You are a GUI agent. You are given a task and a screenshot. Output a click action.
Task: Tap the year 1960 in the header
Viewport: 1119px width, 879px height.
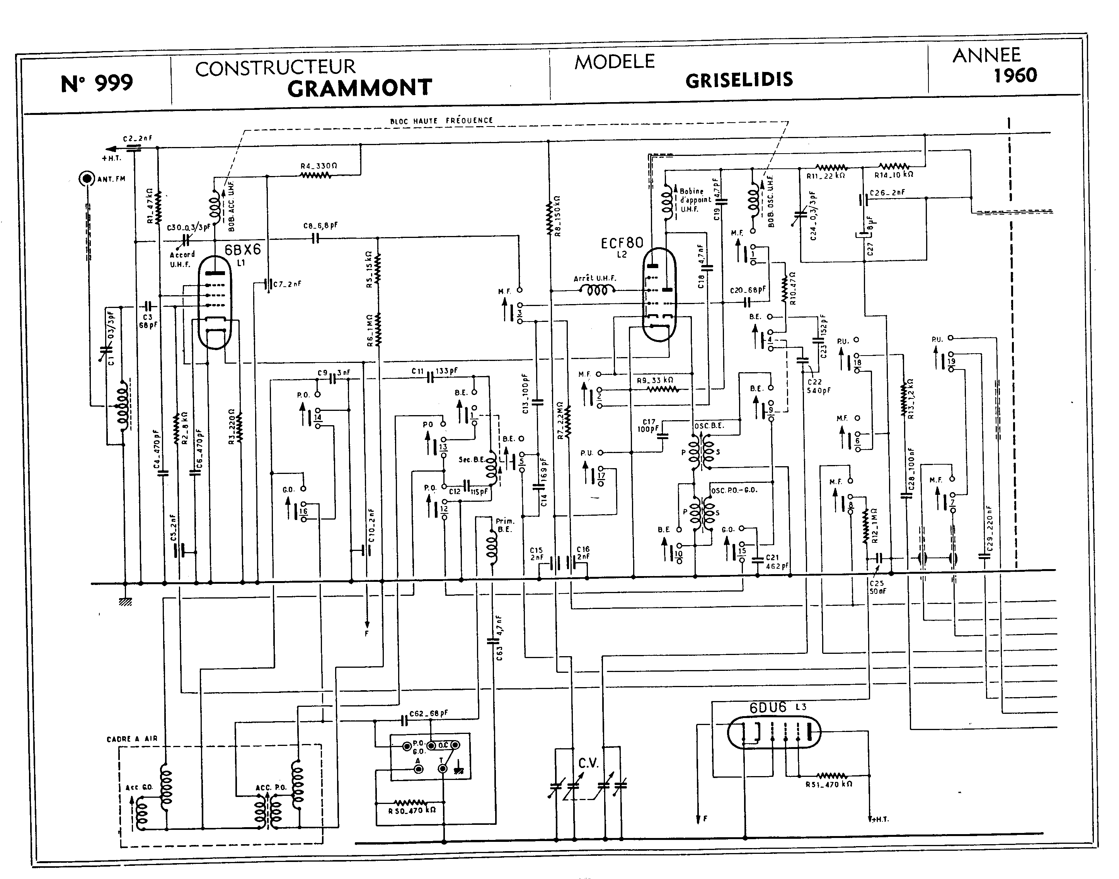click(x=1015, y=76)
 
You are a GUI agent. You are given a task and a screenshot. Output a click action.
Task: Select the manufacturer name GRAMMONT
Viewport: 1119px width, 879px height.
click(x=359, y=88)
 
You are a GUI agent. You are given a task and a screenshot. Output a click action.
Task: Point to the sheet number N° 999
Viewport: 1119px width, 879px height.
click(x=97, y=83)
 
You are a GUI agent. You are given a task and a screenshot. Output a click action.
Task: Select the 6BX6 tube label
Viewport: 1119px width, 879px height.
click(x=243, y=250)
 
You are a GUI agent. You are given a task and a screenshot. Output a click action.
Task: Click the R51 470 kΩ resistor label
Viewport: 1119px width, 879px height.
click(x=828, y=784)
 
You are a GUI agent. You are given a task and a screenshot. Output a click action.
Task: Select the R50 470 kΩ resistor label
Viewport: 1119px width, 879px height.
click(x=412, y=809)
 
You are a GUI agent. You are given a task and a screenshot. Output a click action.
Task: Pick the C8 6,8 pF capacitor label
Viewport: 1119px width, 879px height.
click(x=320, y=226)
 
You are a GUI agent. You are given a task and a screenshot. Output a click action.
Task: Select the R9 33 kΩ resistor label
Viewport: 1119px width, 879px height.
click(x=655, y=380)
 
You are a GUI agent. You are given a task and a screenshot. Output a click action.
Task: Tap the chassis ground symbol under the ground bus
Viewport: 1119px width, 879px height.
click(x=125, y=601)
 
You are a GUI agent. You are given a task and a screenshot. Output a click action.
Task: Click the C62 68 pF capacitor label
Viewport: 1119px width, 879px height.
click(x=428, y=713)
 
